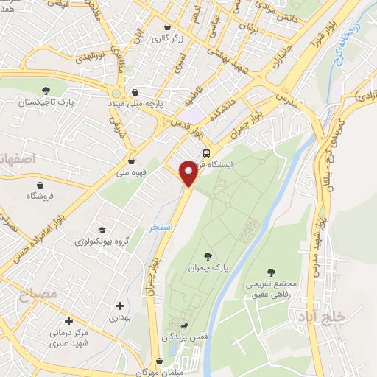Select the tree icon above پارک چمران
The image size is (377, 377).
(x=209, y=255)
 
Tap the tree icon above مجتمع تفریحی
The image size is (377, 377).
(x=272, y=272)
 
